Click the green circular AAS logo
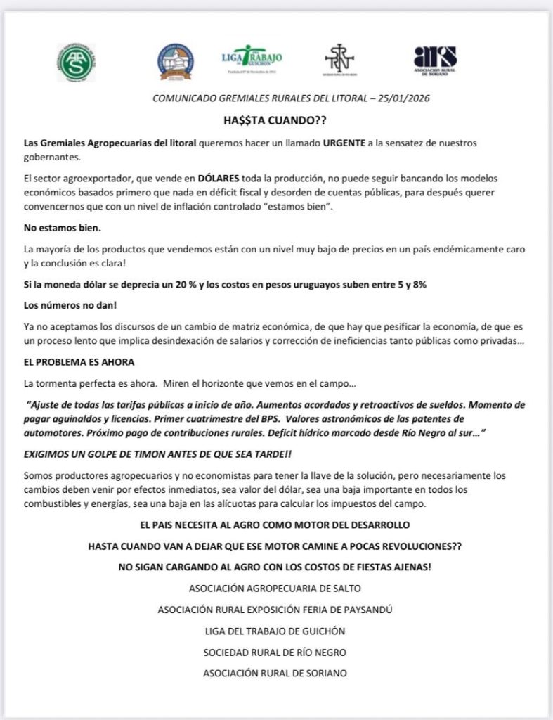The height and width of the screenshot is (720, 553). [x=76, y=62]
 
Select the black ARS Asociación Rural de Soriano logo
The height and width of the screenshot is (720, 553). [x=435, y=60]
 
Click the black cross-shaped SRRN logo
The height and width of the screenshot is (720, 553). [x=339, y=62]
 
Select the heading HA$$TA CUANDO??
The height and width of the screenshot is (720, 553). [x=275, y=120]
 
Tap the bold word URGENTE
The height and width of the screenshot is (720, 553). [x=345, y=143]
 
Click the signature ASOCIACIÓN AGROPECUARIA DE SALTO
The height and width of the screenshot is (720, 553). [x=275, y=588]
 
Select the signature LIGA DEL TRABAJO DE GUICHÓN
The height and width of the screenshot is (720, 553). [x=275, y=631]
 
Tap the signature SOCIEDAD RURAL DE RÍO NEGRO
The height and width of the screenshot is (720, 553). [x=275, y=652]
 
